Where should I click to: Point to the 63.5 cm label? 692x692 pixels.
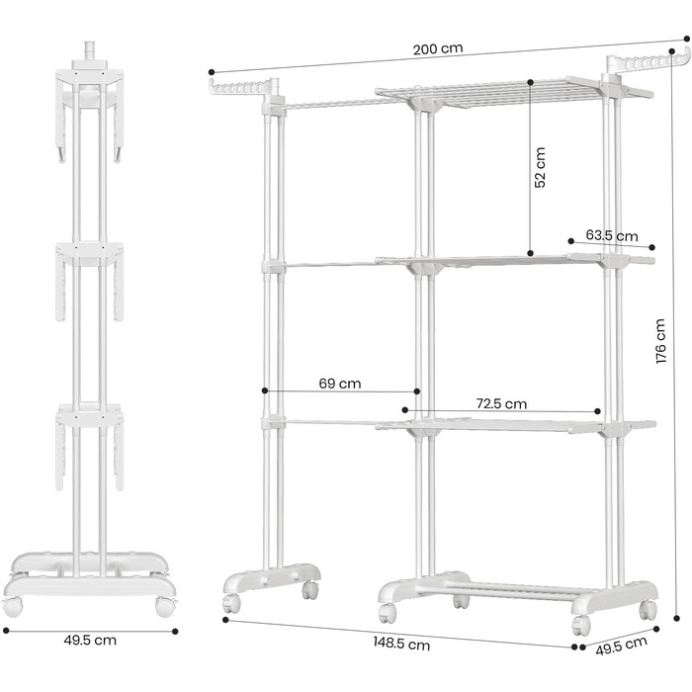612,235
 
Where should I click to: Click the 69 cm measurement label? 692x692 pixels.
340,384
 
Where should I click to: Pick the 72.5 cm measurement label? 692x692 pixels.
501,403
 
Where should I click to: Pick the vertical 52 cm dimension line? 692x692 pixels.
531,168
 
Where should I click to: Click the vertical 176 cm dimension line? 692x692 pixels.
678,341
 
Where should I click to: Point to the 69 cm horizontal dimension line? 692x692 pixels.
341,392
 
